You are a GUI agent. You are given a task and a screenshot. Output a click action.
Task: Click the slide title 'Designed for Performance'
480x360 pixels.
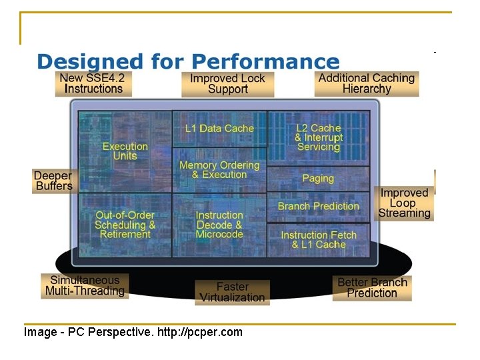(x=188, y=62)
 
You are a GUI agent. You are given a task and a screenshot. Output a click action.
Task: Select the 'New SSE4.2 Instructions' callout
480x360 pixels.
(x=92, y=83)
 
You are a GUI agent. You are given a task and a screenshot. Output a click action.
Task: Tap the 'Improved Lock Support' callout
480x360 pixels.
(x=227, y=84)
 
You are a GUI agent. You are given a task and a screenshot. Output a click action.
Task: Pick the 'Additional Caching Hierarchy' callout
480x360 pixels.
(x=367, y=83)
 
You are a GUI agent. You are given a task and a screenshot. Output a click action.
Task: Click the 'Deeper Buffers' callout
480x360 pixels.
(x=53, y=181)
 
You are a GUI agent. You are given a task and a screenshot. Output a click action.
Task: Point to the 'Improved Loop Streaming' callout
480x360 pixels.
(x=404, y=203)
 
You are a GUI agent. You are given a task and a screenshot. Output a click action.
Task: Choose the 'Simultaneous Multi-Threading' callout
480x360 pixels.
(x=85, y=286)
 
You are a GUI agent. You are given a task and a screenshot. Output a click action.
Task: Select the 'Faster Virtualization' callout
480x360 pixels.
(x=232, y=292)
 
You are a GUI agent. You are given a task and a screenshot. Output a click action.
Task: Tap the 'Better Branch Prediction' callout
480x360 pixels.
(x=372, y=287)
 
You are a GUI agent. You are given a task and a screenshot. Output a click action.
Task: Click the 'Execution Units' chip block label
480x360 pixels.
(x=125, y=151)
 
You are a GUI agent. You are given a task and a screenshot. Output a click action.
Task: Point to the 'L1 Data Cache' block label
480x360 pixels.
(x=219, y=128)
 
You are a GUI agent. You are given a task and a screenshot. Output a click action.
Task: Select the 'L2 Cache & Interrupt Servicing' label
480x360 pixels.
(x=318, y=137)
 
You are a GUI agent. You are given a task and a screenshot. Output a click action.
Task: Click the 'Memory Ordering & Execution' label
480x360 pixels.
(x=219, y=169)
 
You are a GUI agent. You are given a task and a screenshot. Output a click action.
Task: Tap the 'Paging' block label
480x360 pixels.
(x=318, y=178)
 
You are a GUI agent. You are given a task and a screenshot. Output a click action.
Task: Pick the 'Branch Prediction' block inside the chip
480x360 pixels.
(x=318, y=206)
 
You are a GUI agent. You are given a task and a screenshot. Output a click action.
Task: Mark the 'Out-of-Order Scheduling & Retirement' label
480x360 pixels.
(x=125, y=225)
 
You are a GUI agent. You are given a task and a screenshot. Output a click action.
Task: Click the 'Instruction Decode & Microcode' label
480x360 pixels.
(x=219, y=225)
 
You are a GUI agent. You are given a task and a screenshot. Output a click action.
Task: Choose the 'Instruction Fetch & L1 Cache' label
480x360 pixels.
(x=318, y=239)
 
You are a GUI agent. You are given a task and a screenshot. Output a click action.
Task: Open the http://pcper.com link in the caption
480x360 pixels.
(x=200, y=332)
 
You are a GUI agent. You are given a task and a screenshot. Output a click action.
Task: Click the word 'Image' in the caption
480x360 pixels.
(x=40, y=332)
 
